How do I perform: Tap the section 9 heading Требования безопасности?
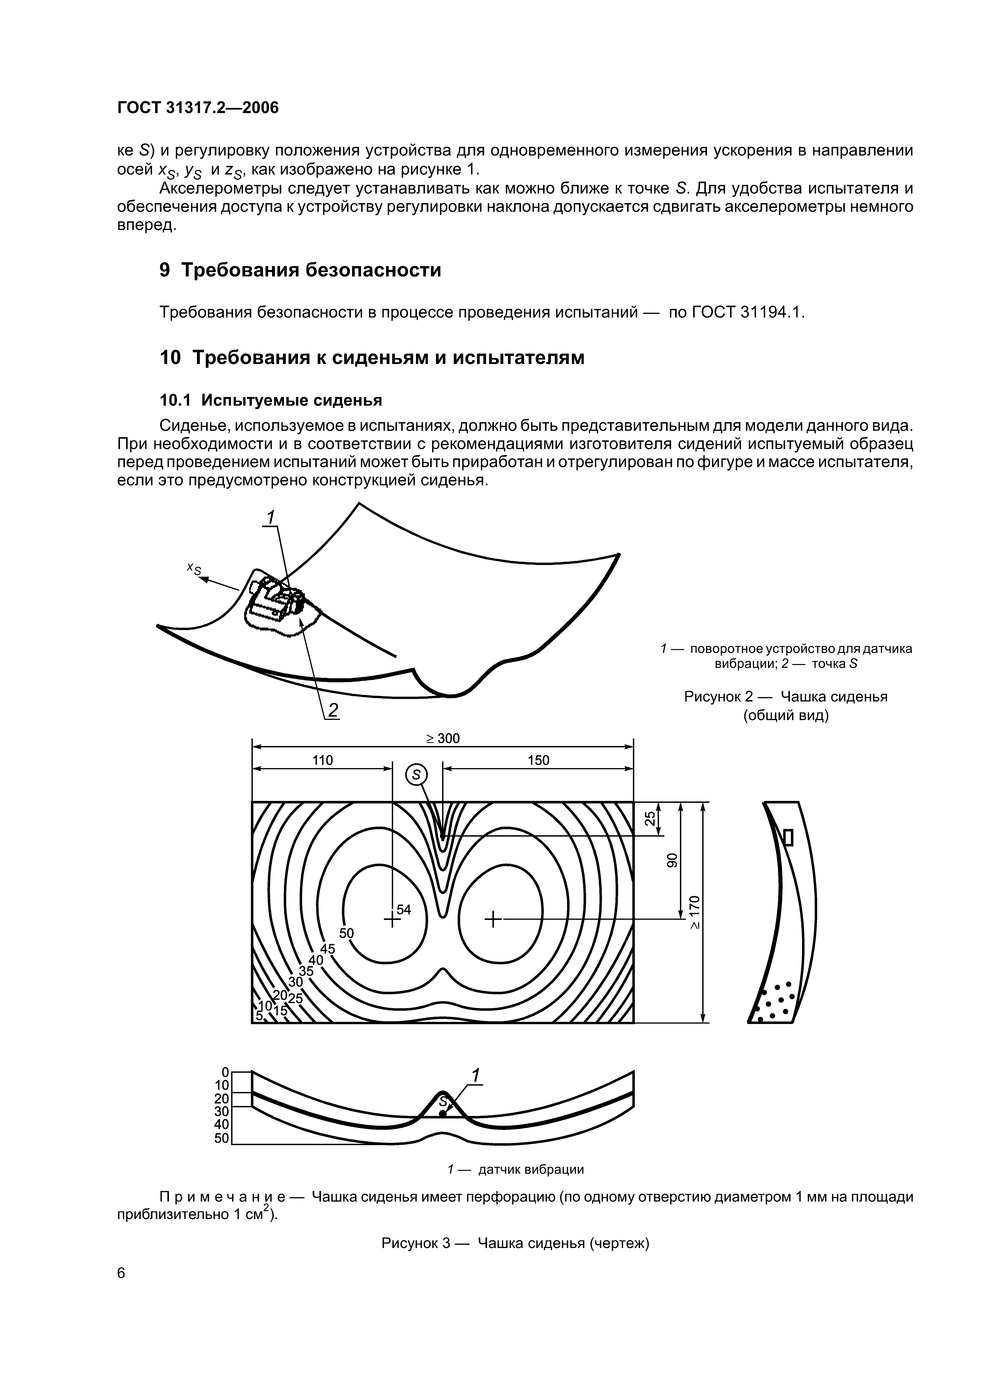[x=300, y=270]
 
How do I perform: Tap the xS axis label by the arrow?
[x=194, y=568]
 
